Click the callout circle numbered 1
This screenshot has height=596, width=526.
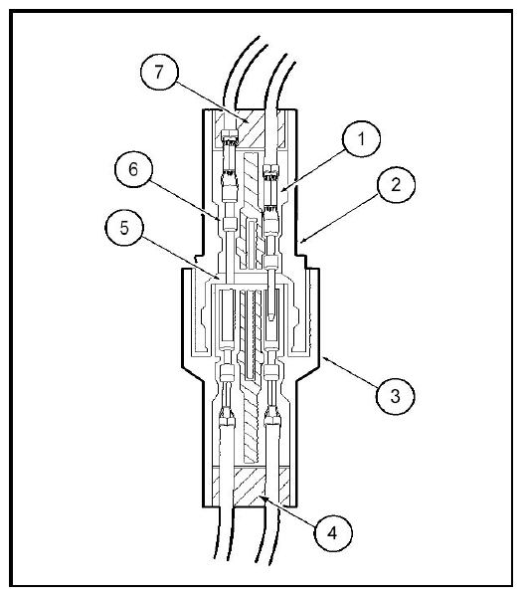pos(361,139)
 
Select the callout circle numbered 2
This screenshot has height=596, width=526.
pos(396,184)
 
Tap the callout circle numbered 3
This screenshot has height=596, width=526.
pos(395,396)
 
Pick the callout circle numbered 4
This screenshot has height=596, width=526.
pos(333,533)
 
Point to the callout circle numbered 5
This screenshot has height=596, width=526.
pos(124,228)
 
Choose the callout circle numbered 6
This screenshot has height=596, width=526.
pos(133,169)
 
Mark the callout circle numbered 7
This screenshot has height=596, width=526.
pos(159,72)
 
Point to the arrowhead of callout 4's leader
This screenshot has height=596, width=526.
pos(261,497)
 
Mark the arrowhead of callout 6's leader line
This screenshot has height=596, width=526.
pos(219,219)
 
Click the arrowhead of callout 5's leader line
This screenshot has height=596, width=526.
pos(218,276)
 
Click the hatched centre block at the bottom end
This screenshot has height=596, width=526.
pos(250,487)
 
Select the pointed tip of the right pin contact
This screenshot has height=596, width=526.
pos(271,320)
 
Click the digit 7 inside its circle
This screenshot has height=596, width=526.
pos(159,72)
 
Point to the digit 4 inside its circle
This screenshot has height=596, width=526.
pos(332,533)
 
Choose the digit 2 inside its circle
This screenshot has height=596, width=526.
pos(396,185)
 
